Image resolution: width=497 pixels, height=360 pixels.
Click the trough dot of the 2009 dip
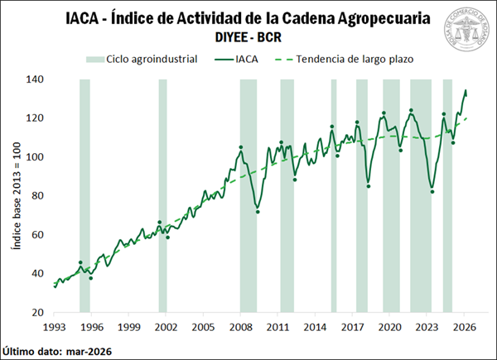[257, 212]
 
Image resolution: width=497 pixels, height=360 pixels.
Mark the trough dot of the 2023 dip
[432, 192]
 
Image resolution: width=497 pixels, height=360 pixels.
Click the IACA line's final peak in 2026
[466, 90]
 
